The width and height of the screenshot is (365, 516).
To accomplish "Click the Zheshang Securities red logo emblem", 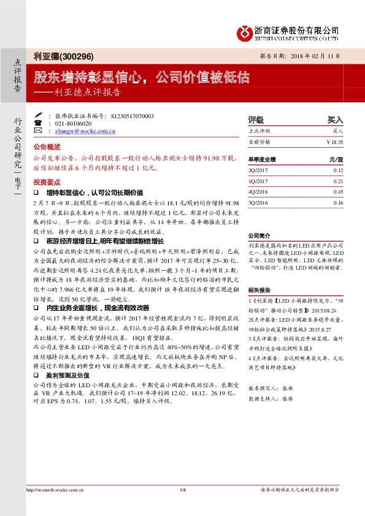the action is point(245,32).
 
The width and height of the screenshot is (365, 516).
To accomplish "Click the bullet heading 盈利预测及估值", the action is point(67,374).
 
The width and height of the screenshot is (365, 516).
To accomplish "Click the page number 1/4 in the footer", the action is point(182,489).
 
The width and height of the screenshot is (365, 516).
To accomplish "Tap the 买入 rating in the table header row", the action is point(335,121).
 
